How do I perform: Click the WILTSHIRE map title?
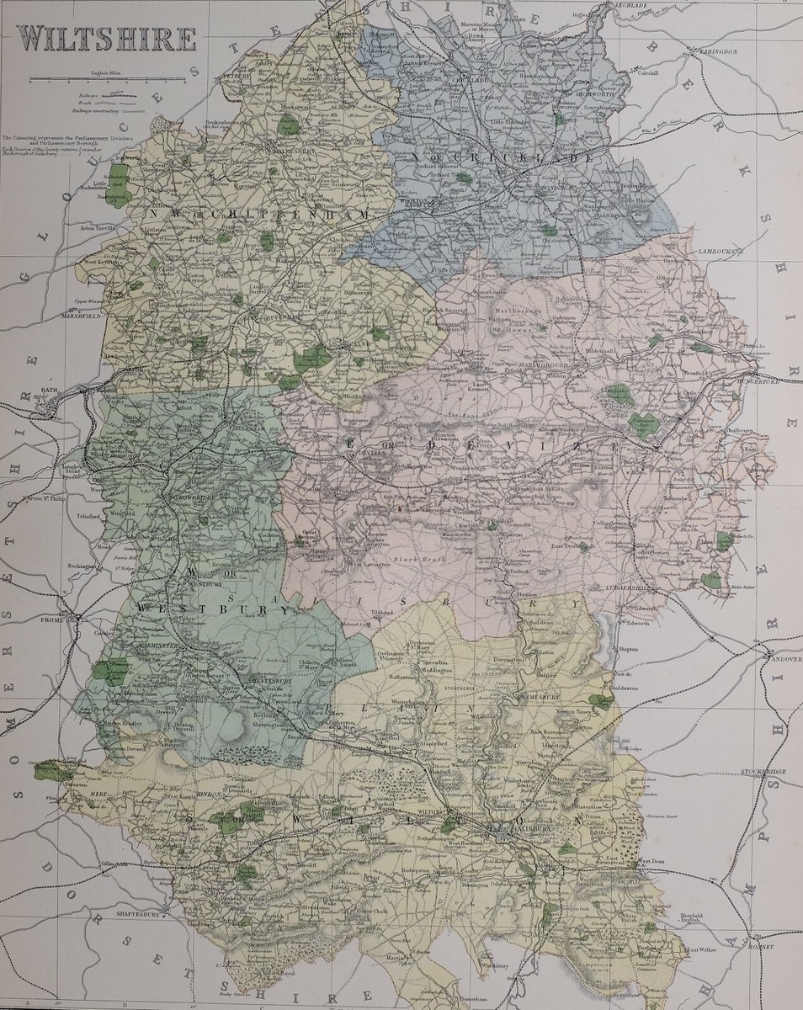pos(108,39)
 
